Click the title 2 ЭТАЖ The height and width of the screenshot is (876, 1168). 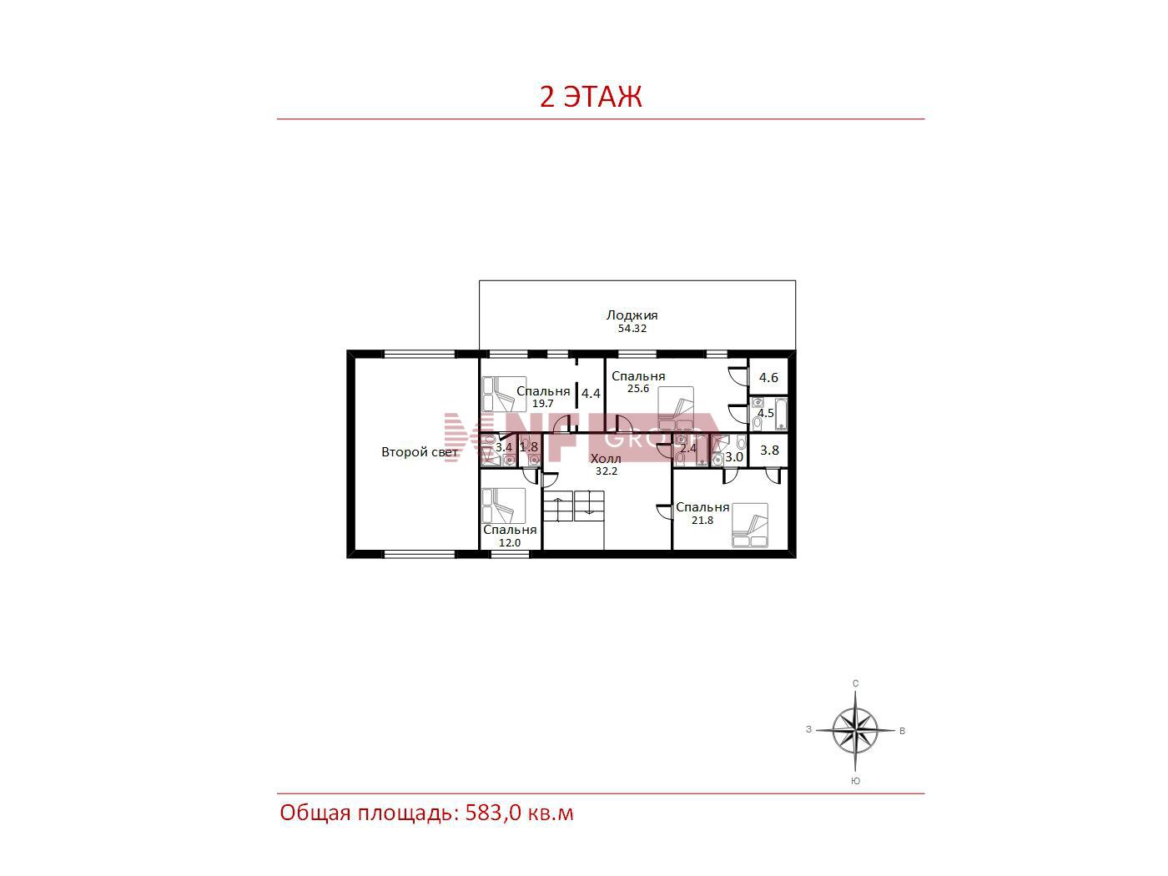tap(591, 97)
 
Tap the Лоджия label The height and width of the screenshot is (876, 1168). tap(632, 315)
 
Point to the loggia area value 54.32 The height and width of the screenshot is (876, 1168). tap(632, 328)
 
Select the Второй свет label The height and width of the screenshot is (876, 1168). tap(420, 452)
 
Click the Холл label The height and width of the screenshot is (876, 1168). tap(606, 458)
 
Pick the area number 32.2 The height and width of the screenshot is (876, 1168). tap(606, 471)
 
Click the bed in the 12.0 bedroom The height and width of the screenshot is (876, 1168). tap(503, 506)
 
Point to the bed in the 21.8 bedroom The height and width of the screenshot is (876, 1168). tap(750, 525)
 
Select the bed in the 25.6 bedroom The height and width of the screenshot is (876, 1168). tap(676, 408)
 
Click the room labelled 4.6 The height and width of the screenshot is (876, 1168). tap(768, 377)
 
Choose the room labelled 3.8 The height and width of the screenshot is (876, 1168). tap(769, 450)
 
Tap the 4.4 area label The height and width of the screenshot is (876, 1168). tap(591, 393)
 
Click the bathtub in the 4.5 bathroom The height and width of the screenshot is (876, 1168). tap(781, 414)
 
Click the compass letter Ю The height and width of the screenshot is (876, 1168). tap(855, 781)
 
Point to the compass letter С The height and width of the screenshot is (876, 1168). tap(856, 683)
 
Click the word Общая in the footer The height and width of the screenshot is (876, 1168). tap(315, 813)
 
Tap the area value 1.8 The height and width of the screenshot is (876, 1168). tap(529, 446)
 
